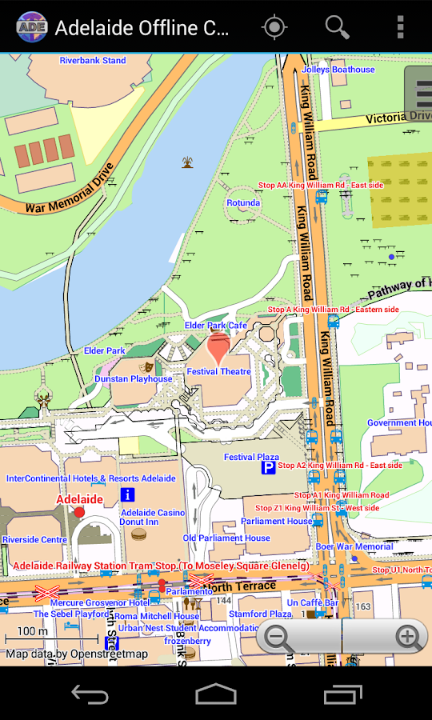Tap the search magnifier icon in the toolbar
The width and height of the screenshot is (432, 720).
coord(337,27)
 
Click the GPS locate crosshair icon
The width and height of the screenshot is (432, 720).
coord(274,27)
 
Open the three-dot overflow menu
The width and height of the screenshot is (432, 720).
coord(400,27)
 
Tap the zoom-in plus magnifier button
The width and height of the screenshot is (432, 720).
coord(408,638)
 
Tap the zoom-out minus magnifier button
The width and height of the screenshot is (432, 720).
coord(278,638)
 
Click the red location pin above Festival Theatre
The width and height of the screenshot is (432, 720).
coord(218,350)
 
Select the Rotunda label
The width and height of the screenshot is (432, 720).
coord(243,203)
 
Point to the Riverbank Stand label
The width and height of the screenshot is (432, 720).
coord(93,61)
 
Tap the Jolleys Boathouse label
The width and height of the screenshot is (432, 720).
coord(338,70)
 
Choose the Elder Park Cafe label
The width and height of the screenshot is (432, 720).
coord(216,326)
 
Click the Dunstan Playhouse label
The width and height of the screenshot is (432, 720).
coord(134,379)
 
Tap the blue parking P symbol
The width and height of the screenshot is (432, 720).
coord(270,466)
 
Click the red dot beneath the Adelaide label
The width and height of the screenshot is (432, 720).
coord(79,512)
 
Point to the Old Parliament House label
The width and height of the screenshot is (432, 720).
coord(226,538)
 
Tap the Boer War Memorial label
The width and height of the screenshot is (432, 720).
coord(354,547)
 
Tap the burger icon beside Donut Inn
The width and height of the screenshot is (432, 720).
coord(139,534)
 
